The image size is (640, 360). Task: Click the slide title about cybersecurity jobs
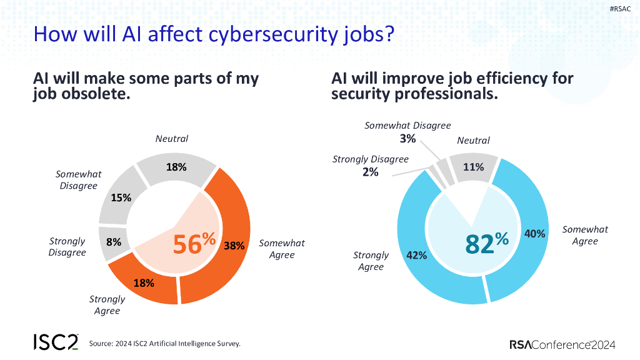[213, 34]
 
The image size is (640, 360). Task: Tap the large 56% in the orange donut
[194, 243]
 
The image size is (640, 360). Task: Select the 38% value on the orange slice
[234, 246]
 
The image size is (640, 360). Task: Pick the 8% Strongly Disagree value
[114, 241]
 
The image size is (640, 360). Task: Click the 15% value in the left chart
[121, 197]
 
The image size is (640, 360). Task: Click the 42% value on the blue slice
[417, 255]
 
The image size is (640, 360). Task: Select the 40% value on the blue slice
[536, 233]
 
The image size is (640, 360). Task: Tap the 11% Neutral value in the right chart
[473, 167]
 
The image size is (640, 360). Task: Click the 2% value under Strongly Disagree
[370, 171]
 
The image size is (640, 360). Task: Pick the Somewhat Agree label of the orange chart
[282, 249]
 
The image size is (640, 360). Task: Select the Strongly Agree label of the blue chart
[371, 261]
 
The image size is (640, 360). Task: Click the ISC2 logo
[56, 342]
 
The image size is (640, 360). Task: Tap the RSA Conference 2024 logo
[562, 344]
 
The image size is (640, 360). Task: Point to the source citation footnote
[164, 343]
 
